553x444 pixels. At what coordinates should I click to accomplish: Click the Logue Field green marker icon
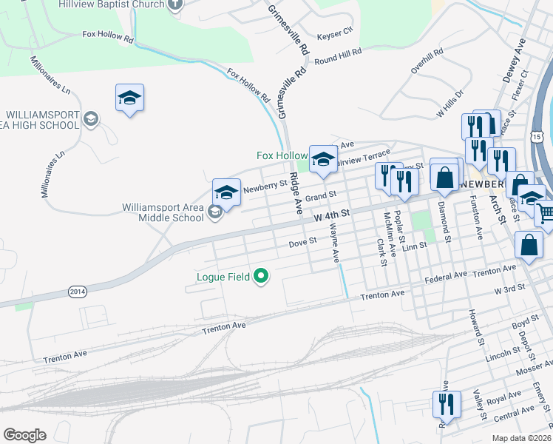(x=260, y=277)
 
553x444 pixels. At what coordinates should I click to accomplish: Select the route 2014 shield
(x=77, y=292)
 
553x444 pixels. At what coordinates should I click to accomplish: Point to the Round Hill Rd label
(x=339, y=56)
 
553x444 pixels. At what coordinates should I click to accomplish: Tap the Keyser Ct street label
(x=335, y=34)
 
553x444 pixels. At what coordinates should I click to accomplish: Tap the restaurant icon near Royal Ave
(x=447, y=404)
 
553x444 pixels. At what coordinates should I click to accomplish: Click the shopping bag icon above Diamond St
(x=445, y=178)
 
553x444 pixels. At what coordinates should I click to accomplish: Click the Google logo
(x=24, y=435)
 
